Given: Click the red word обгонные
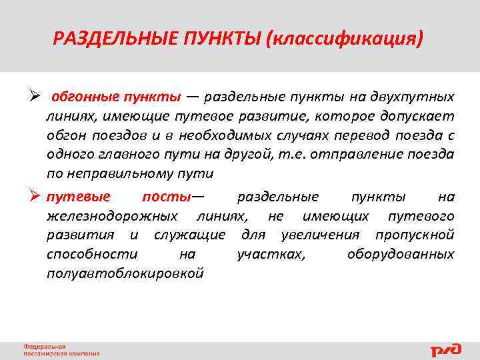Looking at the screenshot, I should (84, 97).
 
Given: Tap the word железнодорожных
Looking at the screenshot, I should (112, 216).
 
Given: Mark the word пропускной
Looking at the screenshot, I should (415, 235).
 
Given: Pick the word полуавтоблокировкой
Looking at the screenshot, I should (125, 274).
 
